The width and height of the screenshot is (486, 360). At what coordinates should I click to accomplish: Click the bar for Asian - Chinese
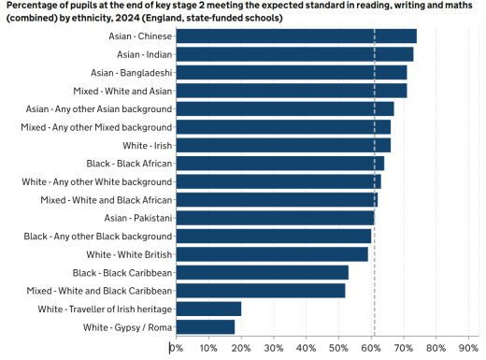click(x=295, y=36)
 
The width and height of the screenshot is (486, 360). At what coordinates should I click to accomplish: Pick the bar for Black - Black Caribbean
click(x=262, y=272)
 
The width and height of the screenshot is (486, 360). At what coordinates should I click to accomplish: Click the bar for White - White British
click(x=272, y=254)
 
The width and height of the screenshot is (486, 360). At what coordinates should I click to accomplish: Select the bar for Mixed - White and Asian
click(x=291, y=91)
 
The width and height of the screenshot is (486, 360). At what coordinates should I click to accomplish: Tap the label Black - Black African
click(x=129, y=164)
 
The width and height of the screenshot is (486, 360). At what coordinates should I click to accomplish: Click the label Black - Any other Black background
click(x=98, y=237)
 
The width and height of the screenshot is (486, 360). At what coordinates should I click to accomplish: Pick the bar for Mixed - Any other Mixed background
click(x=282, y=127)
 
